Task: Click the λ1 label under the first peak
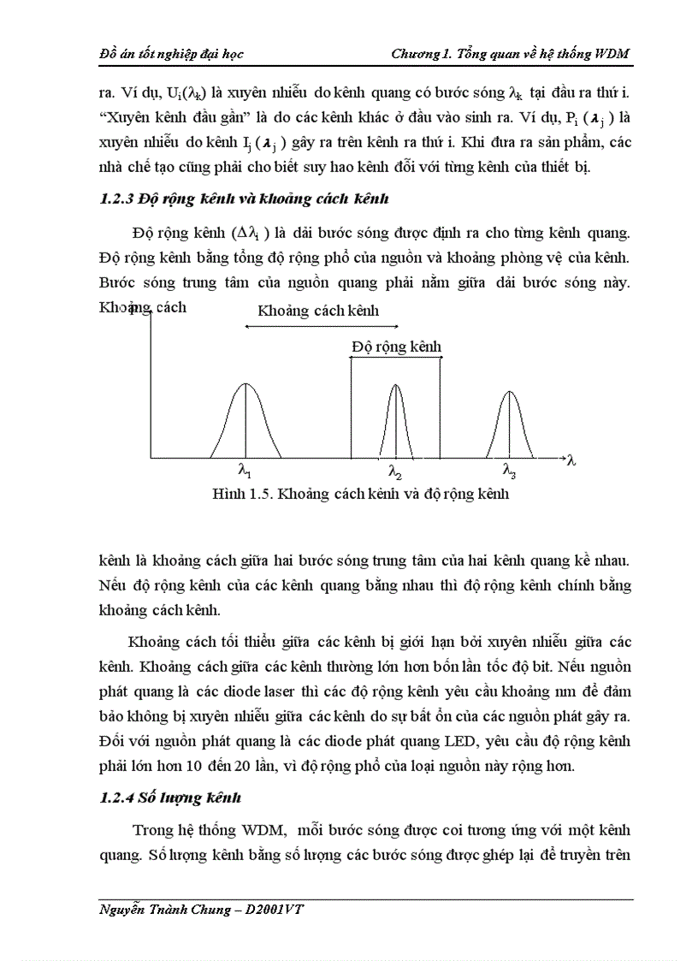245,470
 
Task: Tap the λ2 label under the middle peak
395,471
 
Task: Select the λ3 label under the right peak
509,470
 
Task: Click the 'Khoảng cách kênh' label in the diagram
318,311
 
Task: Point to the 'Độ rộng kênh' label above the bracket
396,346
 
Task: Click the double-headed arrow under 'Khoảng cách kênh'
321,326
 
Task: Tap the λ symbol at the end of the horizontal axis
571,460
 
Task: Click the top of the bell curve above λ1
245,384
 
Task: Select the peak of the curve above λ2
395,385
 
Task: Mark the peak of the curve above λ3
509,392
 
